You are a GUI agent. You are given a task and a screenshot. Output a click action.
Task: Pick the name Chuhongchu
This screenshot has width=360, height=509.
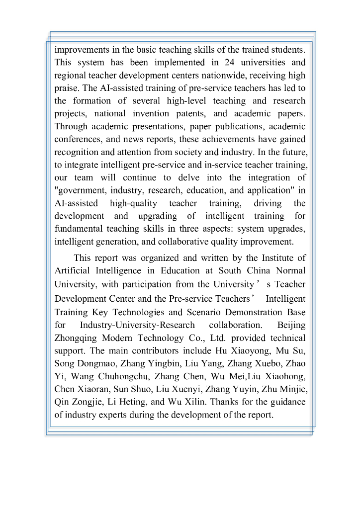123,376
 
